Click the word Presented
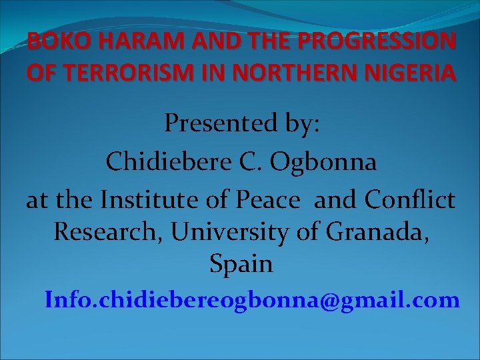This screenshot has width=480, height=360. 223,123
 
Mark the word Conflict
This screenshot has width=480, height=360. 410,199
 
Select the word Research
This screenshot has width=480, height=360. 107,231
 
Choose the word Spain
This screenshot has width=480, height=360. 241,264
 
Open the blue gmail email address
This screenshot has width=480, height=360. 252,300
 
